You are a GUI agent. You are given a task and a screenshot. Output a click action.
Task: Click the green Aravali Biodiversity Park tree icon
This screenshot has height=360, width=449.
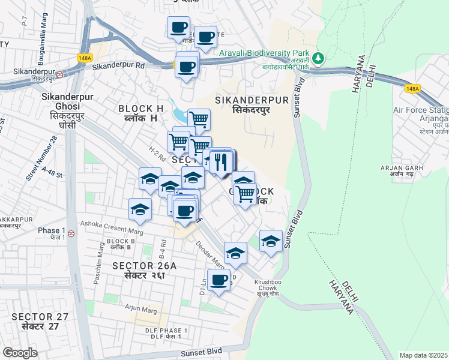point(318,58)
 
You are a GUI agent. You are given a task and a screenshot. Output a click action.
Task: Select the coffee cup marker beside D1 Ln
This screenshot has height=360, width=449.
point(219,280)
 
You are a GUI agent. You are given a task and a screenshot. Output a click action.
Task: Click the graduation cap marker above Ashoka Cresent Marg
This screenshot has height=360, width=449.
point(140,209)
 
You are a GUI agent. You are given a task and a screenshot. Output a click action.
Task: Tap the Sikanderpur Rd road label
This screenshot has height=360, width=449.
point(119,65)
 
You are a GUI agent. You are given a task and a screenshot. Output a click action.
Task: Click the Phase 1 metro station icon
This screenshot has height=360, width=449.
point(71,233)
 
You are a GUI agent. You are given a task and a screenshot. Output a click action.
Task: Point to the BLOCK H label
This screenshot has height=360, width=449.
point(141,109)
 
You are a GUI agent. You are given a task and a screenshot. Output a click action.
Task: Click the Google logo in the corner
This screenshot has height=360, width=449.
point(20,353)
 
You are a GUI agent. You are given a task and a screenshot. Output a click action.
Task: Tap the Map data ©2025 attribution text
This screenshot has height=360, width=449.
point(423,355)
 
